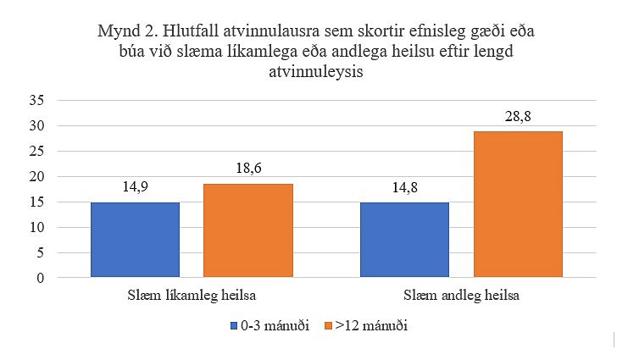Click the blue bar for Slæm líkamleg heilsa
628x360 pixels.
(x=135, y=240)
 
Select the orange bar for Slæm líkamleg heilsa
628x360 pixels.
(x=247, y=230)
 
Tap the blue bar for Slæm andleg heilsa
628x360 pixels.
(x=404, y=240)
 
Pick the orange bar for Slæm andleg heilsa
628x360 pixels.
(x=518, y=204)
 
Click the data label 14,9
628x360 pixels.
(x=135, y=191)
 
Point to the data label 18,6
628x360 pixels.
(x=247, y=172)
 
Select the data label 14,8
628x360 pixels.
(x=404, y=191)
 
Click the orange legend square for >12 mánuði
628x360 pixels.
(x=330, y=325)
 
